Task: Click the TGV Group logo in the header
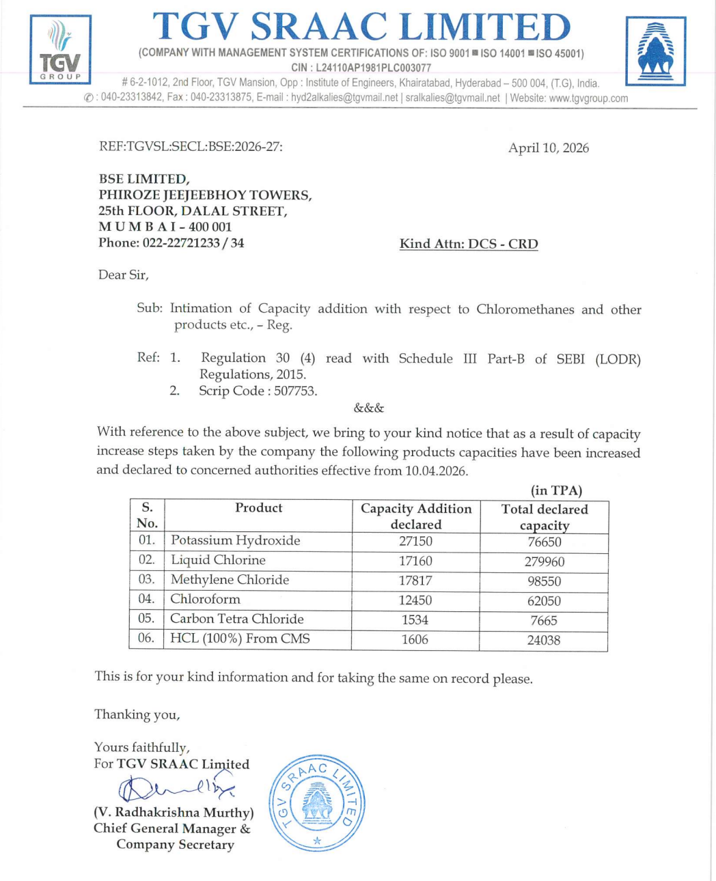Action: (60, 49)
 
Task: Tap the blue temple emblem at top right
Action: (656, 51)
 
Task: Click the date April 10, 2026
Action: (548, 148)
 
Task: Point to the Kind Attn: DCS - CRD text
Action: (469, 244)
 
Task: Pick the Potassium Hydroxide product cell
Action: (236, 540)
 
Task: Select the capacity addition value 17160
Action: (415, 561)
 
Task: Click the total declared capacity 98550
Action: (544, 581)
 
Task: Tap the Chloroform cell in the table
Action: (205, 599)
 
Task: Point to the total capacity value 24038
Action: (544, 640)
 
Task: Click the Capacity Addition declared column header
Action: (416, 516)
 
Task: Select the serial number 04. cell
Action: (146, 599)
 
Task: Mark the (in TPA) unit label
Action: (556, 490)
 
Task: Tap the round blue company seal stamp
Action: (317, 803)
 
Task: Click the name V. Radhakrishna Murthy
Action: (174, 813)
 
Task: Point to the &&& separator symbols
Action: (369, 408)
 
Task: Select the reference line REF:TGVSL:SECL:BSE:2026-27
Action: (191, 146)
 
